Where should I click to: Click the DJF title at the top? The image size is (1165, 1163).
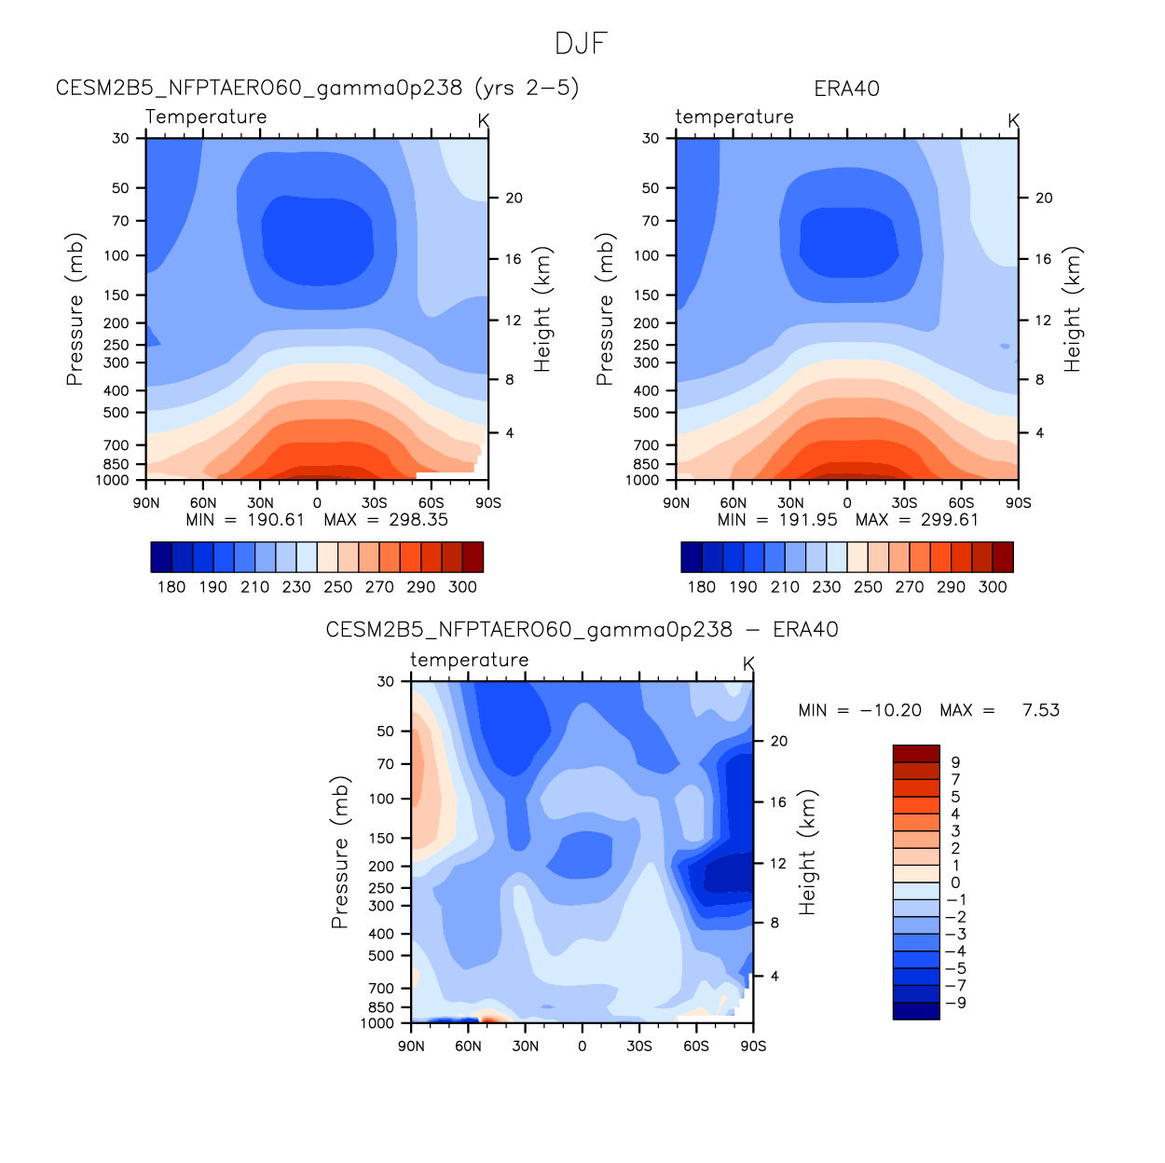(581, 44)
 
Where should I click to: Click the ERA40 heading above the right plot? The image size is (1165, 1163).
(846, 89)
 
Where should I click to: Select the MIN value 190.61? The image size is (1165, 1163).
(276, 520)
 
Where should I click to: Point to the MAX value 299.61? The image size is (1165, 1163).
(950, 520)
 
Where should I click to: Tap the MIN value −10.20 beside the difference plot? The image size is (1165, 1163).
(890, 710)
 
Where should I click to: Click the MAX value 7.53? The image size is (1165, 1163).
(1040, 710)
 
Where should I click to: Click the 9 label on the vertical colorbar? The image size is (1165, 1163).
(955, 762)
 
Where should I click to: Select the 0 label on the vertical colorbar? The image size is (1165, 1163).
(955, 883)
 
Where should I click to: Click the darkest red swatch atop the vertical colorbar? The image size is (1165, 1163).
(916, 754)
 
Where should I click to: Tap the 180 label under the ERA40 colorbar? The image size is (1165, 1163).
(702, 587)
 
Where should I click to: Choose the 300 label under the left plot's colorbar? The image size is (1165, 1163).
(462, 587)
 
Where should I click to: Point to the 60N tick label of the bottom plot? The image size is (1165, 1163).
(468, 1047)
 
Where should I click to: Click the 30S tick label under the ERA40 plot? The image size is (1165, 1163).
(904, 503)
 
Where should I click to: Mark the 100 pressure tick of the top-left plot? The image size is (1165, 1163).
(116, 255)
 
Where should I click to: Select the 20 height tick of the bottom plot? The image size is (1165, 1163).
(779, 742)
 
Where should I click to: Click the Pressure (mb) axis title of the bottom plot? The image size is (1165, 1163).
(339, 852)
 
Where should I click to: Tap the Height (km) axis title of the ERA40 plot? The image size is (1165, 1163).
(1072, 309)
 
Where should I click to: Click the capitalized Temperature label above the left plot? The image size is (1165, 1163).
(206, 116)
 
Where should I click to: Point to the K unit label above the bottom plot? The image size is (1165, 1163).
(748, 664)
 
